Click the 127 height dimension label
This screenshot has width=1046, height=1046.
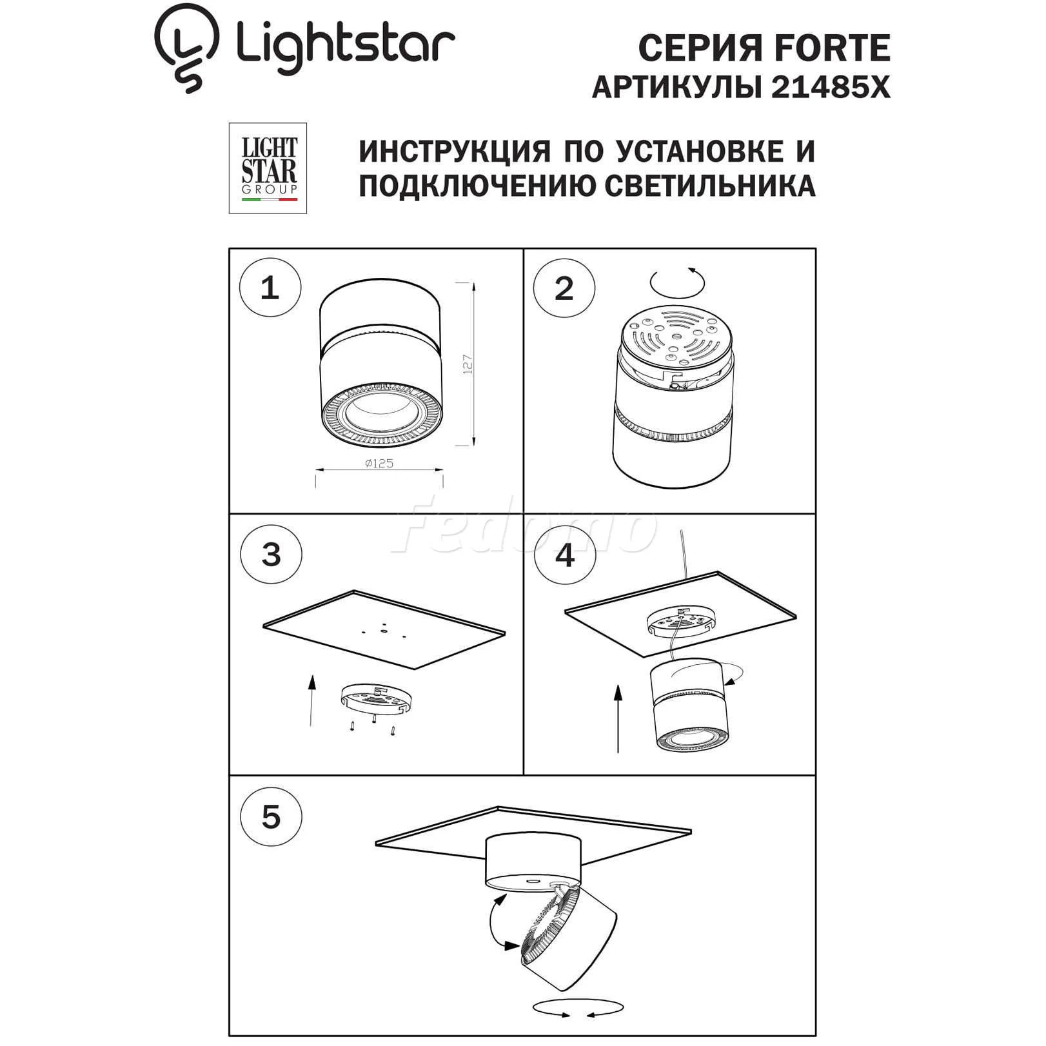(x=468, y=364)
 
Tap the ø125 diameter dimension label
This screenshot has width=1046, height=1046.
(x=379, y=463)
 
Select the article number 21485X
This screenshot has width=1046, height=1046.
(x=831, y=88)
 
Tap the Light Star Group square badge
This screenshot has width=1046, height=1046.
(x=268, y=168)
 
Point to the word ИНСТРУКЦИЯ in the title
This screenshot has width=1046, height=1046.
(x=455, y=152)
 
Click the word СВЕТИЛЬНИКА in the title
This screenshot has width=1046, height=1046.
(x=711, y=186)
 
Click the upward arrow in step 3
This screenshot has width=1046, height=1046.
(x=312, y=700)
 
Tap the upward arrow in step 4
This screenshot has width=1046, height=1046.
(x=618, y=719)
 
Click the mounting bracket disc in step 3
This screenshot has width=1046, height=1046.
(x=375, y=698)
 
